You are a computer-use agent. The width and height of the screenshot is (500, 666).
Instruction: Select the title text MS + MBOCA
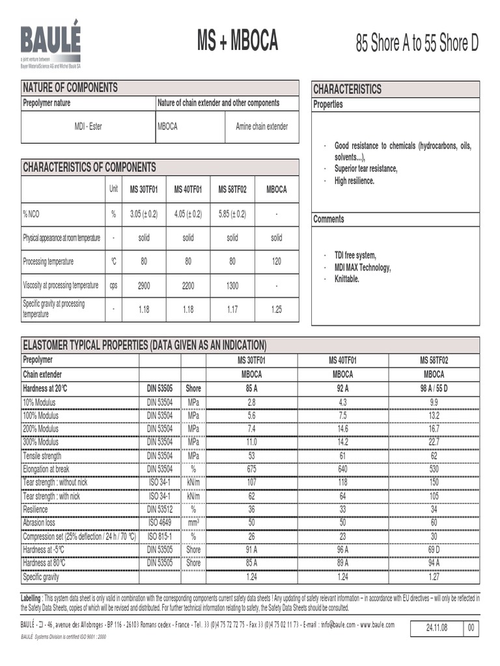[x=238, y=42]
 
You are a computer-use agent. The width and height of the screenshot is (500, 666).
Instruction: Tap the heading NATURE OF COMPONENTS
[x=70, y=87]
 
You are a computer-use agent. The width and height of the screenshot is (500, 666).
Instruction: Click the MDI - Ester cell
[x=88, y=127]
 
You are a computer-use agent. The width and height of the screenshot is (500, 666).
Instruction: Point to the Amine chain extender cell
[x=262, y=127]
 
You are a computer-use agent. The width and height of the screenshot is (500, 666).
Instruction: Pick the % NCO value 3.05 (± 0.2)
[x=144, y=213]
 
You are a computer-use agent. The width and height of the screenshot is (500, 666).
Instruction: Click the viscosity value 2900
[x=144, y=285]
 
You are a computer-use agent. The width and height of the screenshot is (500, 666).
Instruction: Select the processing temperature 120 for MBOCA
[x=277, y=261]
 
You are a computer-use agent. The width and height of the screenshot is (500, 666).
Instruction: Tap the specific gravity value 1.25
[x=277, y=310]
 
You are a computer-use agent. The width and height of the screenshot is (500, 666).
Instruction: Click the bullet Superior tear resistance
[x=366, y=169]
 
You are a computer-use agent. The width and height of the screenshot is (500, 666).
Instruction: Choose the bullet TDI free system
[x=355, y=256]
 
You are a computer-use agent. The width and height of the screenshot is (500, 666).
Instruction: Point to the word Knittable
[x=347, y=279]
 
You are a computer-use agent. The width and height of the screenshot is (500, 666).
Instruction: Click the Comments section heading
[x=329, y=219]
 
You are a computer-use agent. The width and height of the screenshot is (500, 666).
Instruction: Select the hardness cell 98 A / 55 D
[x=434, y=388]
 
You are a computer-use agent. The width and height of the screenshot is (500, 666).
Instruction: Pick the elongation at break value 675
[x=252, y=468]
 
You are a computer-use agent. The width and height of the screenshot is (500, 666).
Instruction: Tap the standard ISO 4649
[x=160, y=522]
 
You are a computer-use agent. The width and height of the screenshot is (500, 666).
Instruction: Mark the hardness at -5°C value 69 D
[x=434, y=550]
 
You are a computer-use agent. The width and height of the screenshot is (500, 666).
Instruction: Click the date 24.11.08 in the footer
[x=436, y=628]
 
